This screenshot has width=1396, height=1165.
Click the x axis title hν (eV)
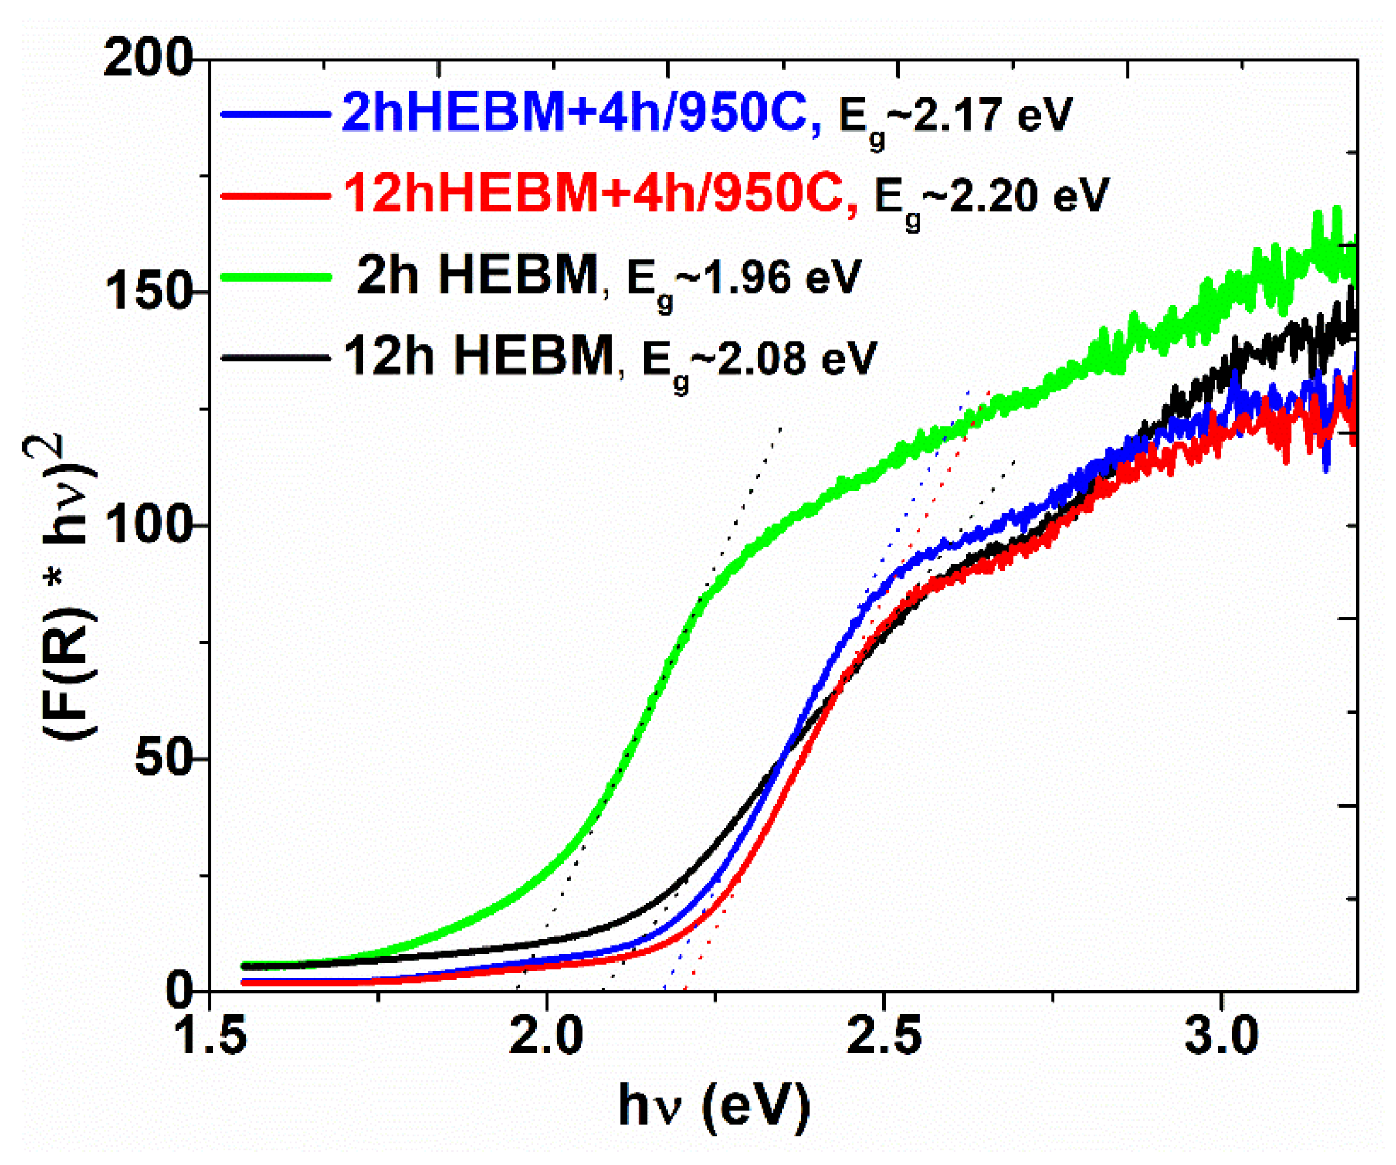[x=713, y=1106]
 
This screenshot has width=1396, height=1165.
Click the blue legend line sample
[x=276, y=115]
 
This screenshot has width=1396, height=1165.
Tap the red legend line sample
[x=276, y=196]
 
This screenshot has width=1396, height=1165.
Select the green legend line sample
[x=276, y=277]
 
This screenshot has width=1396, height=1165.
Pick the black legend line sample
[x=276, y=357]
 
